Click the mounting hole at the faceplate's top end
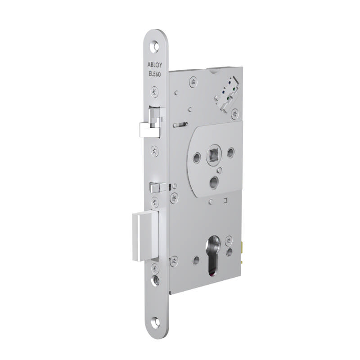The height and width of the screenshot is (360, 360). pos(155,46)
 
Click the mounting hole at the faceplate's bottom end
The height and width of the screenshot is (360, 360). pos(155,321)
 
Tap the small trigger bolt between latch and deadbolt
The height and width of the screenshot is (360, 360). pos(154,186)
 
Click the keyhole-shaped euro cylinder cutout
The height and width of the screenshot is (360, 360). pos(213,255)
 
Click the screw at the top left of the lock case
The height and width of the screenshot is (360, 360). pos(193,81)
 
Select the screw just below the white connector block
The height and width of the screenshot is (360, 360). pos(234,114)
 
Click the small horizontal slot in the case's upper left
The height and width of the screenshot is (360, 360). pos(180,125)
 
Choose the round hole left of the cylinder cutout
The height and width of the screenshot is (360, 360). pos(196,260)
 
